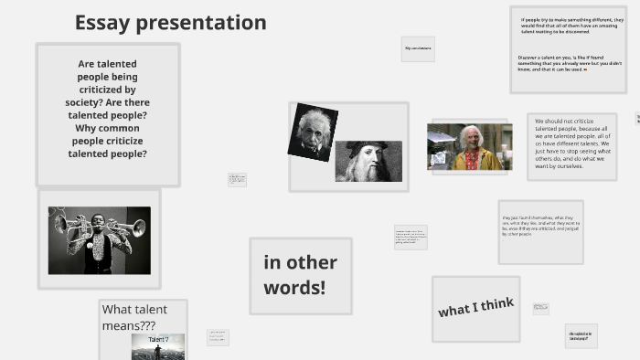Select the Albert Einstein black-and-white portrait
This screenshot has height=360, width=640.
coord(313,132)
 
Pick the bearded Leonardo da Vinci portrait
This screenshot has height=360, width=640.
coord(368,161)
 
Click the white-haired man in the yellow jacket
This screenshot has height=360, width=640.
coord(470,147)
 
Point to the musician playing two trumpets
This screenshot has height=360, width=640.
coord(99,240)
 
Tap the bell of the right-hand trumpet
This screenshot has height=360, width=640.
coord(138,227)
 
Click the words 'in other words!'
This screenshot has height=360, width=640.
coord(300,275)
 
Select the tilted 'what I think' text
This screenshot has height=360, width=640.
coord(475,308)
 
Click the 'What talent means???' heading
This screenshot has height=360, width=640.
coord(142,316)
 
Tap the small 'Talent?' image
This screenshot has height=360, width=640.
coord(158,346)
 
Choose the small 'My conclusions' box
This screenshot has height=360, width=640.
coord(418,48)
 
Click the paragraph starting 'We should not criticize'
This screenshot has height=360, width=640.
coord(572,143)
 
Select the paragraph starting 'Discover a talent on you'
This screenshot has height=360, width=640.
coord(570,63)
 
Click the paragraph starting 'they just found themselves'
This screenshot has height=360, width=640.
coord(540,228)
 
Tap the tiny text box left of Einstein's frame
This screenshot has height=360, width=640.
coord(238,179)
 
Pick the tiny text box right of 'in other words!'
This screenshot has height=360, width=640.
coord(411,237)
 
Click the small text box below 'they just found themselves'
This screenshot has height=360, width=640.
coord(541,309)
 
